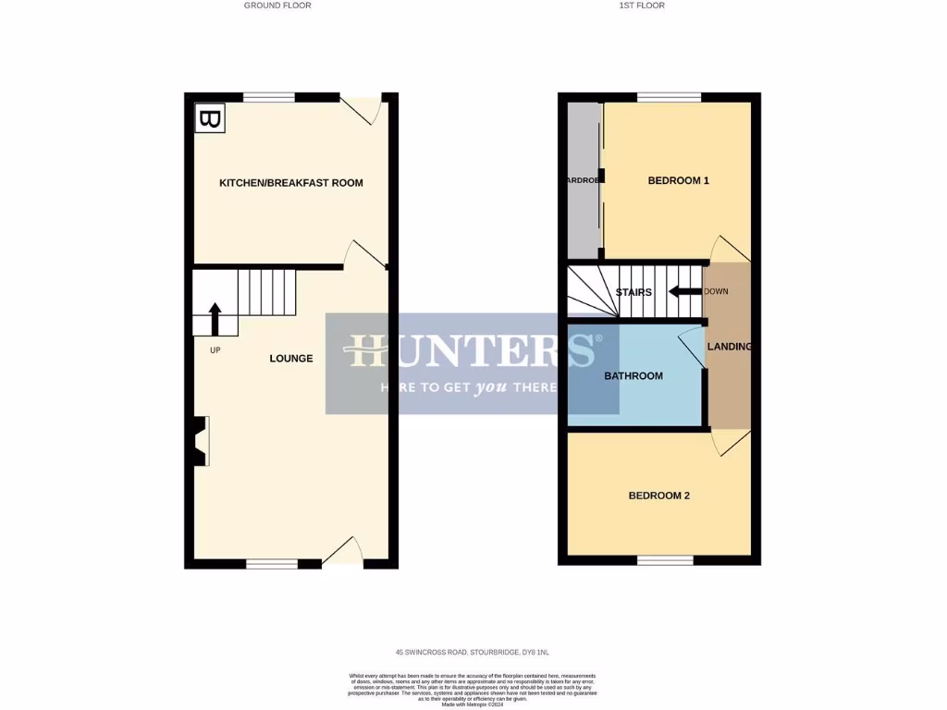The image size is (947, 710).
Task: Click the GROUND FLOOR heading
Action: click(277, 6)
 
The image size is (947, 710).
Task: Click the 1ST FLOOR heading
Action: click(642, 6)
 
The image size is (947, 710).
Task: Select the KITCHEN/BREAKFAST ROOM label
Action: click(290, 183)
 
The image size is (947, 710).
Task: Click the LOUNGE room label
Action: click(290, 359)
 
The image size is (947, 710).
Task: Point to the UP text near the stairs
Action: click(215, 350)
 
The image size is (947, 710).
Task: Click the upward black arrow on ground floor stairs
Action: click(215, 318)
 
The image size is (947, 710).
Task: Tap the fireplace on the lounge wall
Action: click(201, 441)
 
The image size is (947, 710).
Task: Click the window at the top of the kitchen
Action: click(269, 97)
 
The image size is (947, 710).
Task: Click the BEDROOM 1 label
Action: click(678, 181)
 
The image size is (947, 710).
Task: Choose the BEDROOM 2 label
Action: click(658, 496)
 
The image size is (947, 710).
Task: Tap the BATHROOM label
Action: click(633, 376)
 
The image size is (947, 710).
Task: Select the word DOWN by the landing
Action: click(717, 292)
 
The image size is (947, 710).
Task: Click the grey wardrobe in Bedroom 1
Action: click(583, 180)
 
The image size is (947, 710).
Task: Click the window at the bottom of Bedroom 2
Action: click(664, 560)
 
